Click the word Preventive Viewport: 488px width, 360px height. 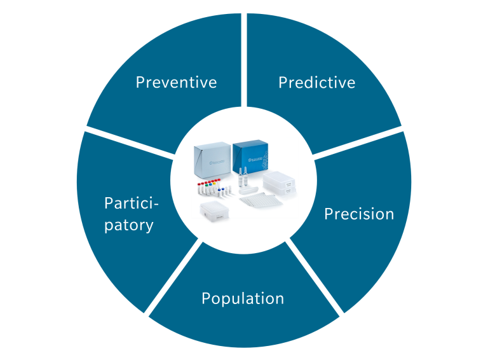coord(176,82)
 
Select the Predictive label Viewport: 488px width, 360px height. coord(316,82)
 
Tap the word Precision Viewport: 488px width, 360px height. coord(359,214)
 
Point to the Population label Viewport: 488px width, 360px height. coord(242,298)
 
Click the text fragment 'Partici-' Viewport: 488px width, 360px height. coord(131,204)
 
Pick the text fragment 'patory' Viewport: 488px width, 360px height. coord(128,225)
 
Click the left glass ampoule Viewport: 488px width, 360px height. coord(240,178)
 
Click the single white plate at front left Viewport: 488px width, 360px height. coord(215,212)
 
